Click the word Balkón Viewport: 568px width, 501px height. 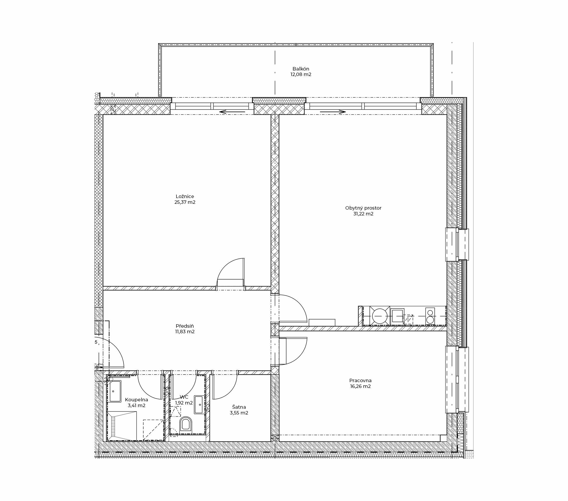point(301,69)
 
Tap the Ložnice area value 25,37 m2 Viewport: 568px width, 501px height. point(185,202)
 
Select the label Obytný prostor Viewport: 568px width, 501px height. point(363,208)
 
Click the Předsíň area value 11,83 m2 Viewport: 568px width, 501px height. point(185,331)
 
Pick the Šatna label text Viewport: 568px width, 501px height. point(239,407)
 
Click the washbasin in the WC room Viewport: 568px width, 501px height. point(200,404)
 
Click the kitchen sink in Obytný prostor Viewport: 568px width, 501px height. point(397,315)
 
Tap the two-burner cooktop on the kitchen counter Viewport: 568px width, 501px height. point(430,316)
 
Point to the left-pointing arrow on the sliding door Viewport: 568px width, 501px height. point(232,112)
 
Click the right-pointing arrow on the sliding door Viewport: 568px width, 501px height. point(333,112)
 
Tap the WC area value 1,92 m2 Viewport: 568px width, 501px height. point(184,403)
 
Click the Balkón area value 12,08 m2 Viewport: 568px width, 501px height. point(301,74)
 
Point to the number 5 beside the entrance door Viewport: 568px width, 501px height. point(96,342)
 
